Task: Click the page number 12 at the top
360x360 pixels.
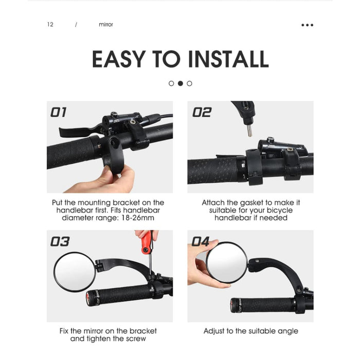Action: (x=50, y=25)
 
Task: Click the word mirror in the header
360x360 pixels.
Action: (x=105, y=25)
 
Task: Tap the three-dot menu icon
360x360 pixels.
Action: (x=307, y=25)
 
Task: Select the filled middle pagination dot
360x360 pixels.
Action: (x=181, y=83)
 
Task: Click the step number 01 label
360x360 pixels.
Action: (x=59, y=112)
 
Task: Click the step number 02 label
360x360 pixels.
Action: (x=202, y=112)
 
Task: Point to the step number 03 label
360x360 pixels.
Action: (x=60, y=241)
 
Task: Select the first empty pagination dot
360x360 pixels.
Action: (x=171, y=83)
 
